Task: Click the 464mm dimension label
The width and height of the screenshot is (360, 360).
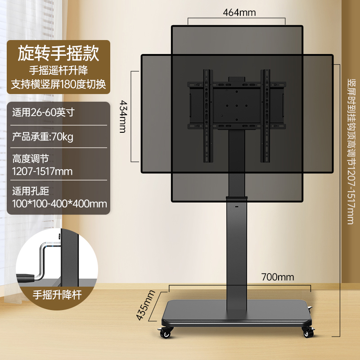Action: [239, 13]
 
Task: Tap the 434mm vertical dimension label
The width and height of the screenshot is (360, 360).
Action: [122, 117]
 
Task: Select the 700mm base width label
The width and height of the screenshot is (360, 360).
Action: [278, 277]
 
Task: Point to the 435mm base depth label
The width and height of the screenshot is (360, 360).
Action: [145, 305]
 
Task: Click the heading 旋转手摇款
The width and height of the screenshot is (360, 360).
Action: [58, 53]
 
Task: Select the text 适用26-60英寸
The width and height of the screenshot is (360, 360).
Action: [43, 112]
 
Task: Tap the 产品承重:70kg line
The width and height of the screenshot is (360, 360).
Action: [43, 137]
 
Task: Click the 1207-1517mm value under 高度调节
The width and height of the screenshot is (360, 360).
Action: [42, 171]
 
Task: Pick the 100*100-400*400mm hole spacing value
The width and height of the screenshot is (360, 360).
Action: [59, 204]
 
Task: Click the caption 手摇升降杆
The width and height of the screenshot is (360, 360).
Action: [57, 295]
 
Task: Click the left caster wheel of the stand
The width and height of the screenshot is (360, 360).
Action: [165, 333]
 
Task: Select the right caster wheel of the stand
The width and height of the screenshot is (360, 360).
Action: [308, 332]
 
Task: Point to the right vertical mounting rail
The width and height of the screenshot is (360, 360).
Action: [265, 116]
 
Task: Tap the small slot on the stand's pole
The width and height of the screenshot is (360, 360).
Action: [237, 207]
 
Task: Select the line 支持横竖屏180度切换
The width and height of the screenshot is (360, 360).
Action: [58, 84]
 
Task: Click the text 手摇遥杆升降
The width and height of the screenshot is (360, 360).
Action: [58, 70]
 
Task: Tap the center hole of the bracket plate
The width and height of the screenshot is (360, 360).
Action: [237, 106]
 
